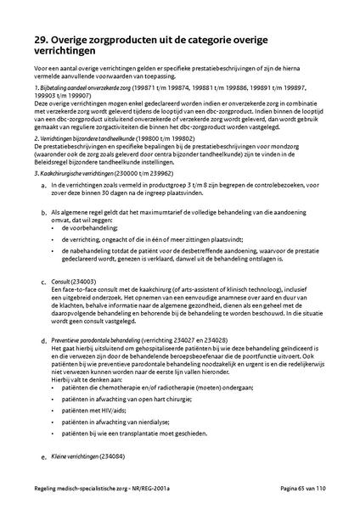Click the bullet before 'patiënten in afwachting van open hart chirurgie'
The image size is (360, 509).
55,394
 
